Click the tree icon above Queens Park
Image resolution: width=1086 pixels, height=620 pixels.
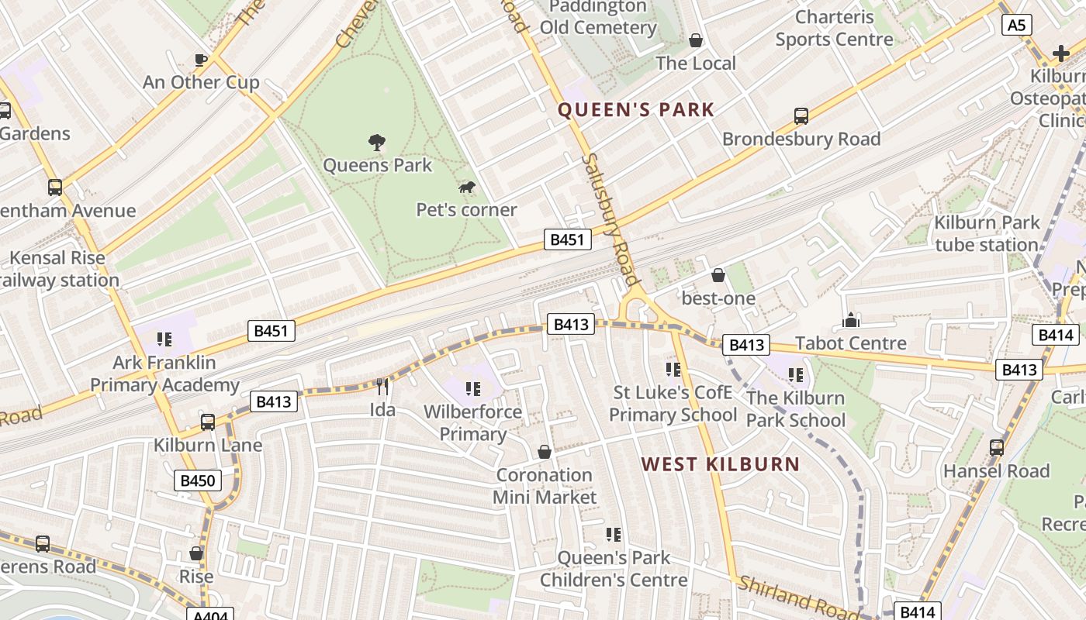click(377, 142)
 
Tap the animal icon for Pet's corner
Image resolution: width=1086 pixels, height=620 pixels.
click(467, 187)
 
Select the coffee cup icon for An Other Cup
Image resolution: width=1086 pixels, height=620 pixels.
click(201, 60)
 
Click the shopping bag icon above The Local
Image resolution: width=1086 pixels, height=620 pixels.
click(696, 40)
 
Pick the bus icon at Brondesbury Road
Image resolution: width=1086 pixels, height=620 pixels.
click(801, 116)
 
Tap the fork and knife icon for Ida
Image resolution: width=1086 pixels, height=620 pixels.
click(382, 386)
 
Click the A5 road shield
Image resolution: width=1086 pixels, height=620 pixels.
click(1016, 26)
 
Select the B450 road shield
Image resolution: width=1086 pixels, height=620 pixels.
click(197, 480)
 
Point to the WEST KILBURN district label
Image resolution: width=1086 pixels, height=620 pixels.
click(720, 464)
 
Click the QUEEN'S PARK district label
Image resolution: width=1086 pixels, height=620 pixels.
click(635, 110)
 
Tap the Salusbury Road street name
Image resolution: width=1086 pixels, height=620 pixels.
click(611, 219)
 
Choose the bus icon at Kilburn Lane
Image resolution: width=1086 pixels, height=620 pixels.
click(208, 422)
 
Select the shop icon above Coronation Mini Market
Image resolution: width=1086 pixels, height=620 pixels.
click(545, 452)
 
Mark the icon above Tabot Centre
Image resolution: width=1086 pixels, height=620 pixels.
click(851, 320)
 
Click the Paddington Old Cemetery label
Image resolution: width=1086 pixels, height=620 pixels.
click(598, 17)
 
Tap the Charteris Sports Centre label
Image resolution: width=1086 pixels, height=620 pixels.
click(834, 28)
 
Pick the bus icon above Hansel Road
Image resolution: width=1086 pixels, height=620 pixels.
click(997, 447)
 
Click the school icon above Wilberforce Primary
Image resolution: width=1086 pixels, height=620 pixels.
click(472, 388)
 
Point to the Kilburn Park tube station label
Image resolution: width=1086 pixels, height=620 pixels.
click(986, 233)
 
